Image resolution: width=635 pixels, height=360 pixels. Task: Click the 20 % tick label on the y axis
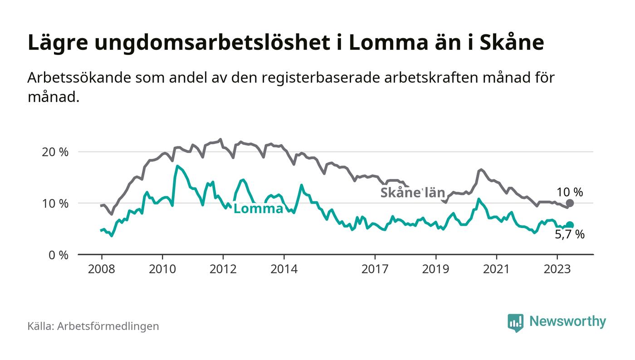(55, 152)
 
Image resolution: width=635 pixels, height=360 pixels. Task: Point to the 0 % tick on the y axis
(58, 255)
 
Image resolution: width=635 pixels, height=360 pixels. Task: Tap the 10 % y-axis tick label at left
(55, 203)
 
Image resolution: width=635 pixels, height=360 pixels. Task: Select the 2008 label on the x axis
(102, 269)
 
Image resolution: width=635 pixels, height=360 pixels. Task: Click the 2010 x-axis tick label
(162, 269)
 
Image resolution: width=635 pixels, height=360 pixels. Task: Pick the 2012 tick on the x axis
(223, 269)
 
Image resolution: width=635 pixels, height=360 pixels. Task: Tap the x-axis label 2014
(284, 269)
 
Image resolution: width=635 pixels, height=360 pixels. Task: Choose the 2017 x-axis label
(375, 269)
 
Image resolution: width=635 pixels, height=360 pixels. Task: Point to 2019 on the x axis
(435, 269)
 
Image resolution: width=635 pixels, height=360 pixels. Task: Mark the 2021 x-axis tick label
(496, 269)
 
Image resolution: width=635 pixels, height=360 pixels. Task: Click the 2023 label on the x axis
(557, 269)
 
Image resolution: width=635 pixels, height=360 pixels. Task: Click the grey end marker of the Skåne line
(570, 203)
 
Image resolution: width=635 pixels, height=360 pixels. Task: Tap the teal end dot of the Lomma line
(570, 225)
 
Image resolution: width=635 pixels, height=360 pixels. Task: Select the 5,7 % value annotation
(570, 235)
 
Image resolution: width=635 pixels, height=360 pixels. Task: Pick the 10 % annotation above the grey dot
(570, 192)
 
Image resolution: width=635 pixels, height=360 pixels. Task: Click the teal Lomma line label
(259, 209)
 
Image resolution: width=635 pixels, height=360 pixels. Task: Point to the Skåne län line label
(412, 192)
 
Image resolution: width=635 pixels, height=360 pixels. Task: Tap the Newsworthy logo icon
(515, 322)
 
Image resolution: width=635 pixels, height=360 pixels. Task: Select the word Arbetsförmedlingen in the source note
(108, 326)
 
